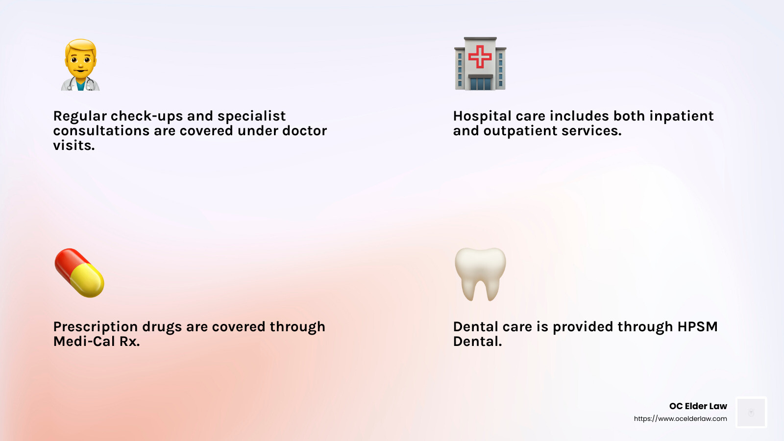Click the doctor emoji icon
pos(80,65)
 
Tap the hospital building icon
pos(480,64)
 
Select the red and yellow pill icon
pos(79,273)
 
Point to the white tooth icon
pos(480,273)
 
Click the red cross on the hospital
pos(480,56)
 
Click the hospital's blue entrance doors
pos(480,83)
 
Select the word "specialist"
pos(251,116)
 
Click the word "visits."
pos(74,146)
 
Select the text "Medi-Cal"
pos(84,342)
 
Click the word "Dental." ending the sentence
pos(477,342)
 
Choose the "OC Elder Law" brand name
pos(698,406)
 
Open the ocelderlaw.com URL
pos(680,419)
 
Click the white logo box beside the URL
pos(751,413)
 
